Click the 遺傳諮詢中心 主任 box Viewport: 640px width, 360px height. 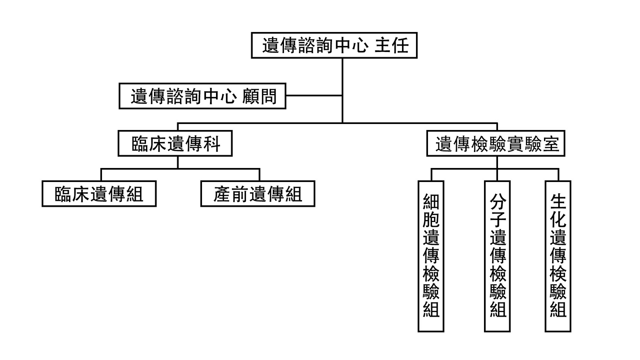(x=334, y=45)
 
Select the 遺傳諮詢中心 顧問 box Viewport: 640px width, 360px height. (x=202, y=96)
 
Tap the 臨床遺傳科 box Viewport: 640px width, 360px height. (x=175, y=143)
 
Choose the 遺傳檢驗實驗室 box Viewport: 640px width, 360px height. (x=496, y=143)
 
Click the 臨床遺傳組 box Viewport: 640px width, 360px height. (x=99, y=194)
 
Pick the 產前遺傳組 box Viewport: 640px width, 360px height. (x=258, y=194)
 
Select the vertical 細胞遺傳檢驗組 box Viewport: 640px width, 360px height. (x=431, y=256)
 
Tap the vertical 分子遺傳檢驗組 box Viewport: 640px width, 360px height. (x=497, y=256)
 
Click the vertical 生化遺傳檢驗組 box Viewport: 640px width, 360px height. (x=558, y=256)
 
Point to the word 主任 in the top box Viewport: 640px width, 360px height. (x=392, y=45)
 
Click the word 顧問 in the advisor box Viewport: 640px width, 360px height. (x=259, y=96)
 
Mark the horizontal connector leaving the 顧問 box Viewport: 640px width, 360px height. (x=314, y=96)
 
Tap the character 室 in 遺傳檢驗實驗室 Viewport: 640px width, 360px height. (x=551, y=144)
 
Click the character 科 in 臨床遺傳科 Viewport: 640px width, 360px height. (x=212, y=144)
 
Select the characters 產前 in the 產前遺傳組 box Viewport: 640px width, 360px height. (x=231, y=194)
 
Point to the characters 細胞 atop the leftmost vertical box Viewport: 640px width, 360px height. (x=431, y=211)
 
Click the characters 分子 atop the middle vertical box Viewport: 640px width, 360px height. (x=498, y=211)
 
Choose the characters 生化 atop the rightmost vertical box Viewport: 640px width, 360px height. (x=558, y=211)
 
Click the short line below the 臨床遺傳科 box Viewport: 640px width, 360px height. (x=178, y=162)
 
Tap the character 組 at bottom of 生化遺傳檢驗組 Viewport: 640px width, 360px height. (x=558, y=309)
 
